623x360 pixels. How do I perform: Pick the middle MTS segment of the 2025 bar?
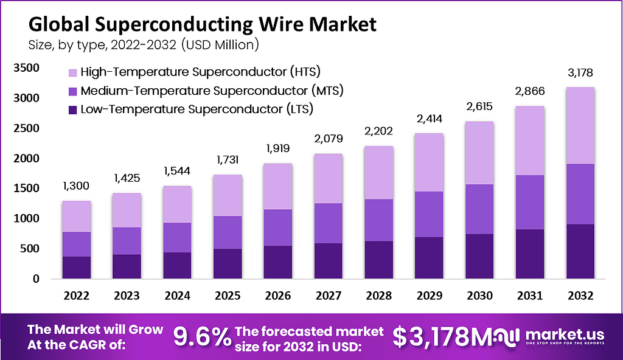pyautogui.click(x=227, y=232)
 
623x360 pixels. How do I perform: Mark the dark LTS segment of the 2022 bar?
pyautogui.click(x=77, y=268)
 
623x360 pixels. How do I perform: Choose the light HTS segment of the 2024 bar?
pyautogui.click(x=177, y=204)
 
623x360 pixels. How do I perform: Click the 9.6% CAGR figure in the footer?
pyautogui.click(x=201, y=336)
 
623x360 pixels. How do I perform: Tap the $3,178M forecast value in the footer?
pyautogui.click(x=439, y=336)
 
